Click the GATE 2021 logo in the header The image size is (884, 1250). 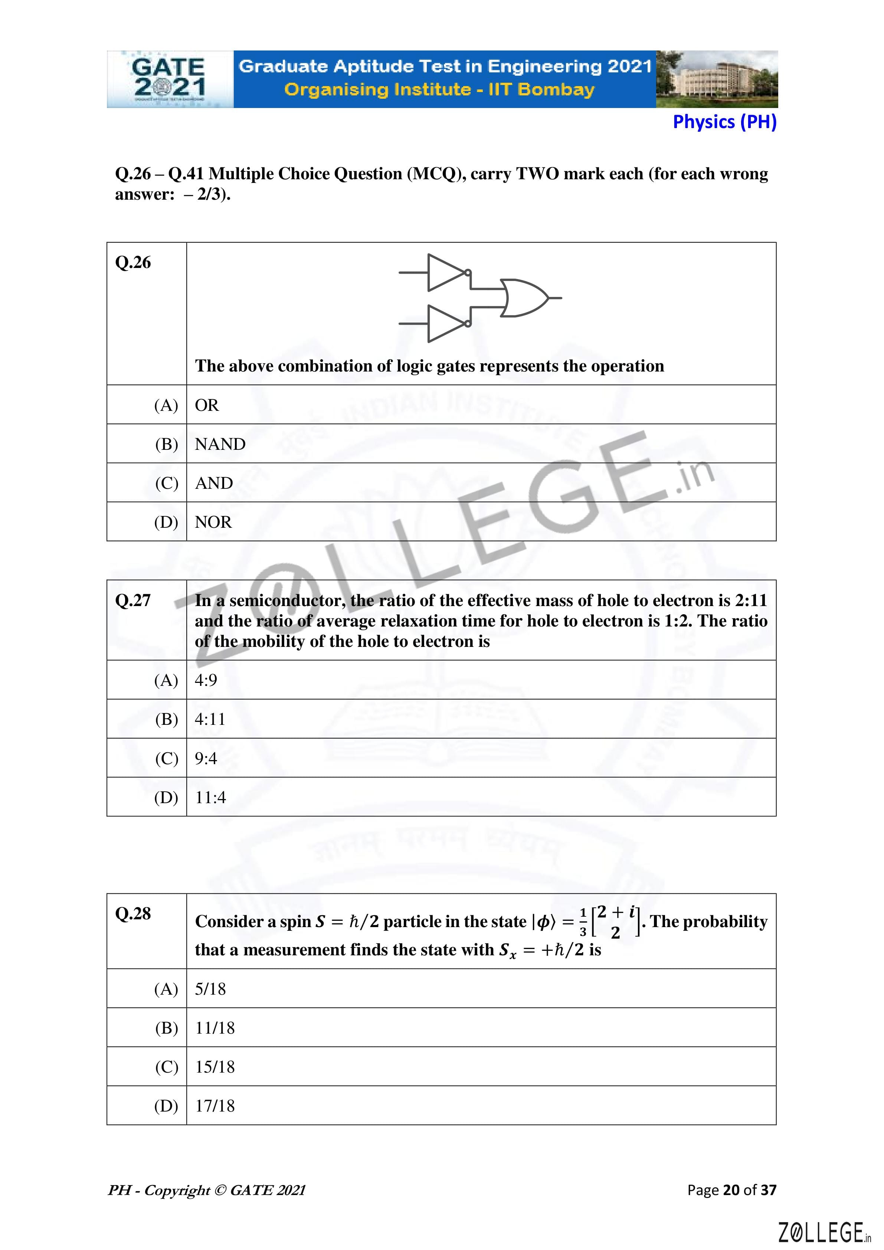click(169, 79)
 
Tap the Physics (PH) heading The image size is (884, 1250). click(724, 122)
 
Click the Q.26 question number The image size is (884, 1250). click(133, 262)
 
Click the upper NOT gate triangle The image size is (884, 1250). click(446, 272)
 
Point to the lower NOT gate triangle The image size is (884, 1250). click(446, 323)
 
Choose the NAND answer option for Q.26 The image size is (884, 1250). click(220, 444)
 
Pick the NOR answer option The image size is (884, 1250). click(213, 522)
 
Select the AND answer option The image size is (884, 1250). click(214, 483)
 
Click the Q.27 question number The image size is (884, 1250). click(133, 601)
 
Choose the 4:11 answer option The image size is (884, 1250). click(210, 719)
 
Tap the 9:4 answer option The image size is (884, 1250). click(206, 758)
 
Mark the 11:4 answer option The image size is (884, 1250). click(210, 798)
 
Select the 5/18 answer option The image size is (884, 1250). click(210, 989)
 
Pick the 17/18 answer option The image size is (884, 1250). click(215, 1106)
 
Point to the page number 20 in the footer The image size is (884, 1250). click(731, 1190)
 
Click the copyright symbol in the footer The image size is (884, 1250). click(220, 1191)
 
